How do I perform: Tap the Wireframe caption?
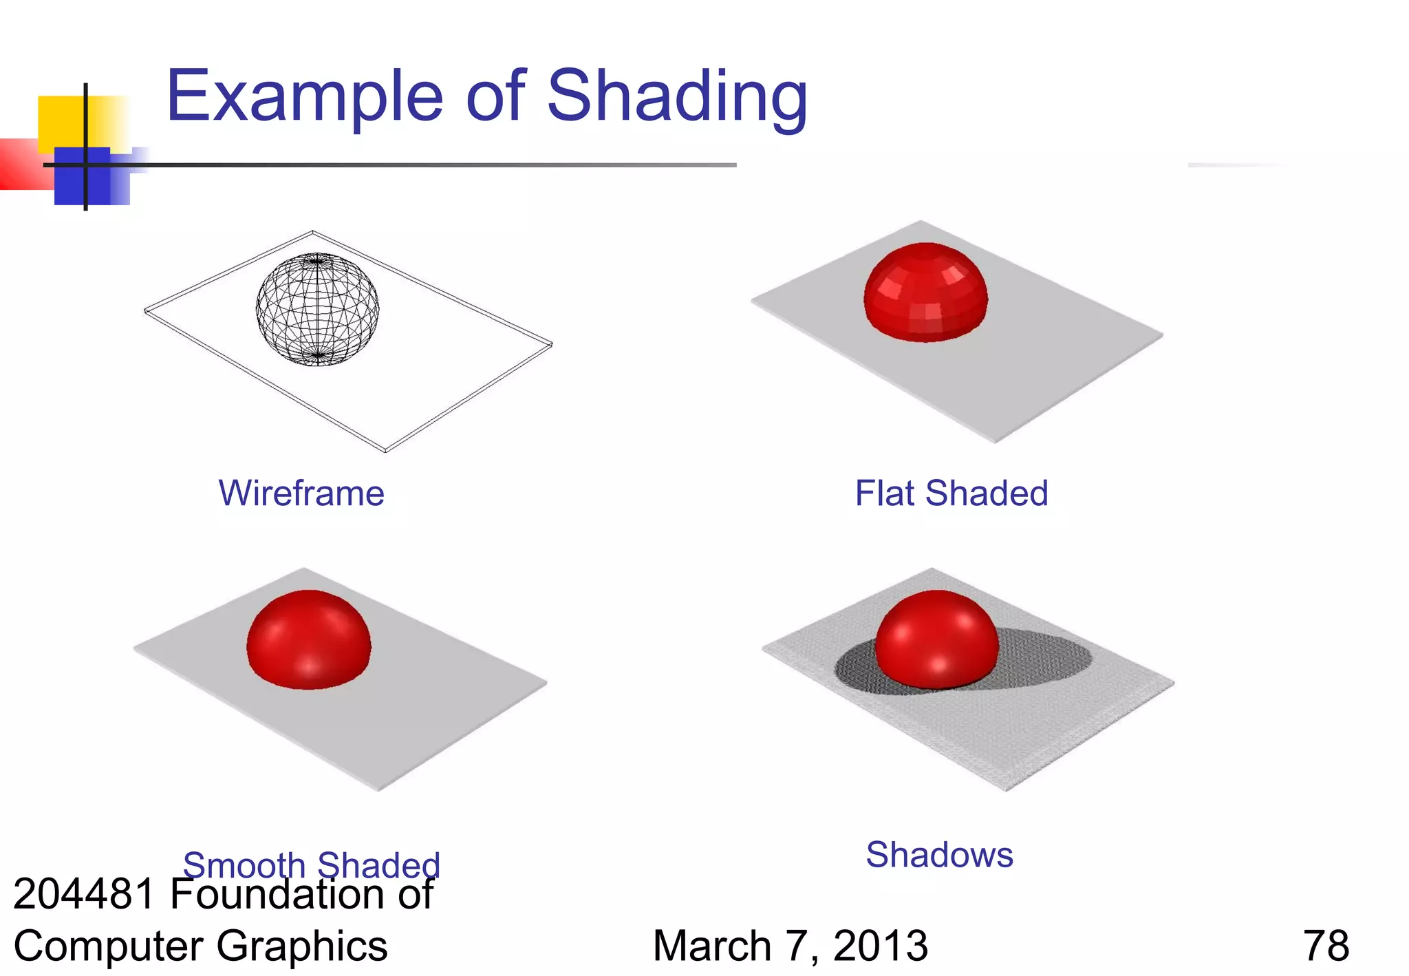(x=301, y=494)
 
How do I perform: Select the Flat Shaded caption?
(x=951, y=494)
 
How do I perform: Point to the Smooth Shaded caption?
(x=311, y=864)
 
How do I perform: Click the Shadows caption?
(x=939, y=855)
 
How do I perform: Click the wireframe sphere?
(x=317, y=309)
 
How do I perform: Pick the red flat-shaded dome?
(x=925, y=293)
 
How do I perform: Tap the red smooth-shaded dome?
(x=309, y=640)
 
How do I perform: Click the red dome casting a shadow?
(x=936, y=640)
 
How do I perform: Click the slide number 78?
(x=1326, y=946)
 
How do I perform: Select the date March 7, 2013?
(x=790, y=946)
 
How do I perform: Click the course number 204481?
(x=85, y=894)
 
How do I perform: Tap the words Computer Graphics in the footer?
(x=200, y=946)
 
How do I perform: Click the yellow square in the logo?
(x=62, y=120)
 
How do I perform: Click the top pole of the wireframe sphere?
(x=316, y=259)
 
